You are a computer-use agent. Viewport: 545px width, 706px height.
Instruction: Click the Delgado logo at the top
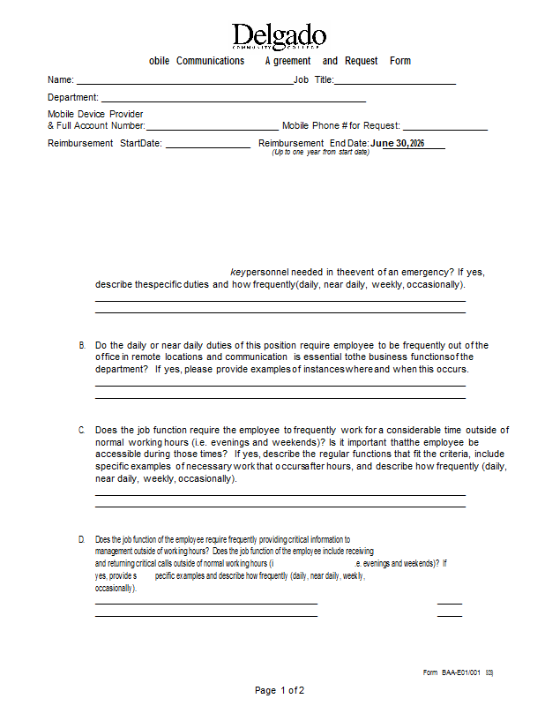point(279,36)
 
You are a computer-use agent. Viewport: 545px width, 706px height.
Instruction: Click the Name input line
point(184,82)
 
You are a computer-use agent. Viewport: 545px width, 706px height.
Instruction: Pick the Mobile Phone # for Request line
point(444,129)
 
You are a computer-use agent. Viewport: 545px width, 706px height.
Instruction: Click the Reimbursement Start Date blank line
point(207,146)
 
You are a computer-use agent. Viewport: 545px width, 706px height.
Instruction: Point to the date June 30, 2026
point(398,143)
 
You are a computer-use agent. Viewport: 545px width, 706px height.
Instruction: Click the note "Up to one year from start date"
point(320,153)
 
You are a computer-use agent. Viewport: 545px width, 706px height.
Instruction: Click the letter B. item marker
point(82,345)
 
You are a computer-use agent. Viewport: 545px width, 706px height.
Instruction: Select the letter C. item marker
point(82,430)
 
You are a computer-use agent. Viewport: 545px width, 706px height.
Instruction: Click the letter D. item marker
point(82,539)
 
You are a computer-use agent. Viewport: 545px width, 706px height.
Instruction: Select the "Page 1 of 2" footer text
point(280,690)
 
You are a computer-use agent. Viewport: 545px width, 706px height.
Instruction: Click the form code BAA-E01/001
point(461,673)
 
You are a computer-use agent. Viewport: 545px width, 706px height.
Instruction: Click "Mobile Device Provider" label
point(95,115)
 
